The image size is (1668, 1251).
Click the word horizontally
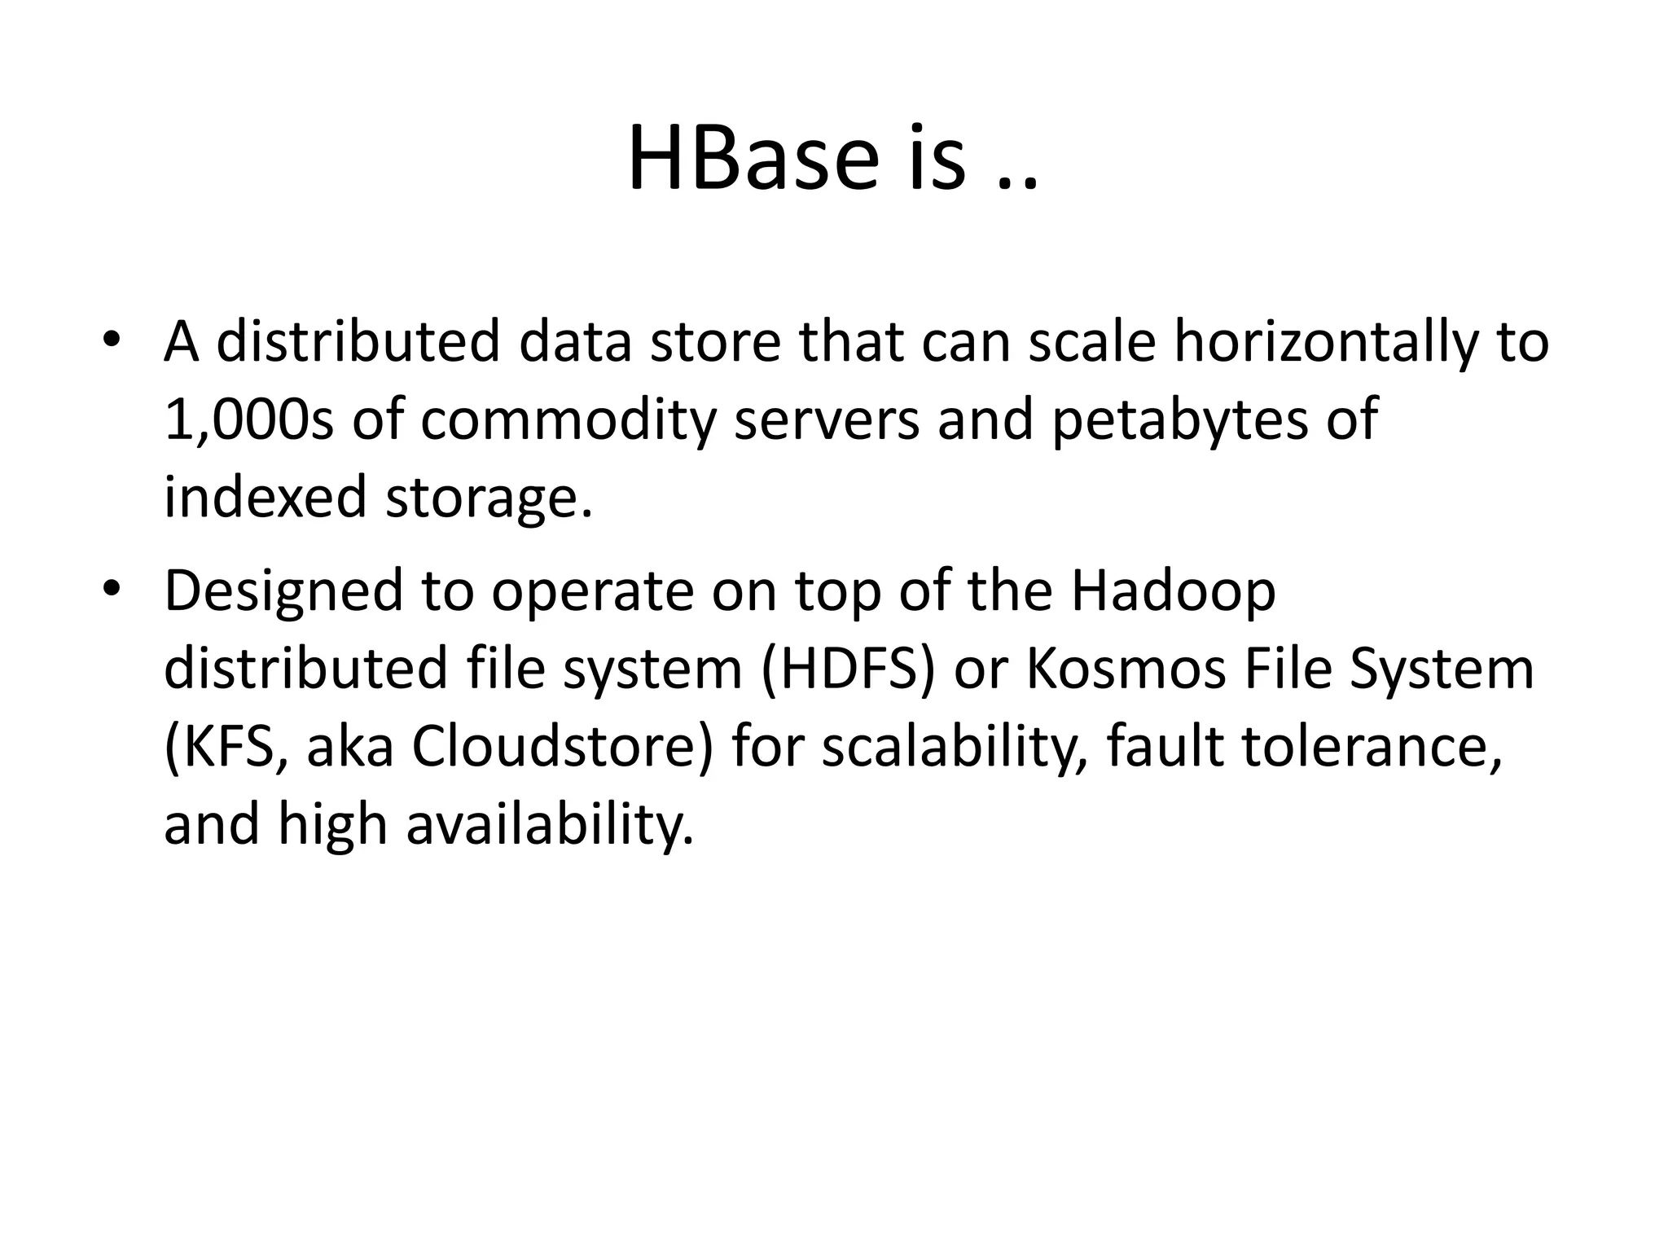[1319, 342]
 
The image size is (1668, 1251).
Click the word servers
[825, 420]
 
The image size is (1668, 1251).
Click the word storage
[487, 498]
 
